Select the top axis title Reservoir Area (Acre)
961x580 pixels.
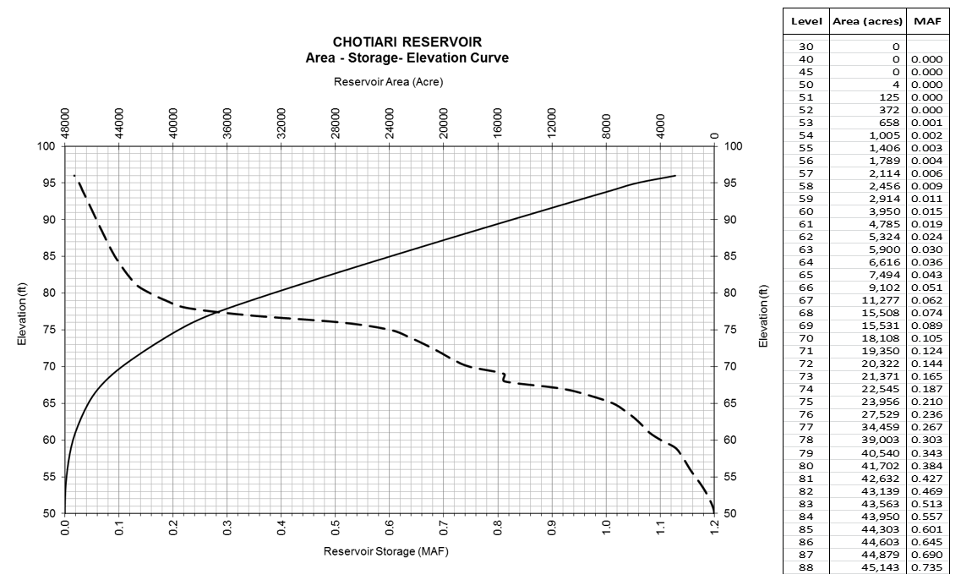388,82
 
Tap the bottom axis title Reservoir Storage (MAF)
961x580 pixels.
388,551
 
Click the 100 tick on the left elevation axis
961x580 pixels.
46,146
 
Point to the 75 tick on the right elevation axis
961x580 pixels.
732,331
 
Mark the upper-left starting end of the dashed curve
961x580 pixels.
74,176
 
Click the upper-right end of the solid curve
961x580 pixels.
674,176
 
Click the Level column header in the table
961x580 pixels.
805,19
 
